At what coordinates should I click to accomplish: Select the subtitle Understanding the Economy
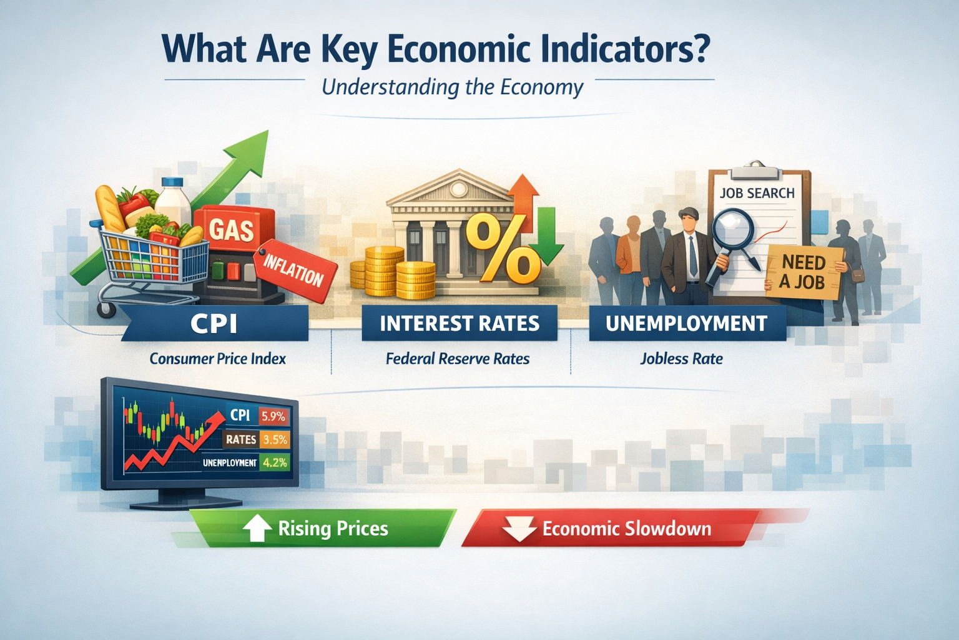coord(452,87)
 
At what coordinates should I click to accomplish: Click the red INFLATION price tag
coord(294,270)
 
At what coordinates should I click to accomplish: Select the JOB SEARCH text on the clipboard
coord(757,193)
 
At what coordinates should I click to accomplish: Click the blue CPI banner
coord(214,324)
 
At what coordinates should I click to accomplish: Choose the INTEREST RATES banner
coord(460,323)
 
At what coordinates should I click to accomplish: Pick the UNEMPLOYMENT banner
coord(686,323)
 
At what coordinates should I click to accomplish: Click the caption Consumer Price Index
coord(217,359)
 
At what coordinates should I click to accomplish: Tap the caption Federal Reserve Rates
coord(458,359)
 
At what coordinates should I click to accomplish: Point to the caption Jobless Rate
coord(681,359)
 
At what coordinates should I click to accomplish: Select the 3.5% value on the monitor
coord(275,439)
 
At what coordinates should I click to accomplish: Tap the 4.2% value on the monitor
coord(275,462)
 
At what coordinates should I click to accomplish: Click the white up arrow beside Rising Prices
coord(256,529)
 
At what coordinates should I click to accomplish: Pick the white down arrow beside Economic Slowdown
coord(519,529)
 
